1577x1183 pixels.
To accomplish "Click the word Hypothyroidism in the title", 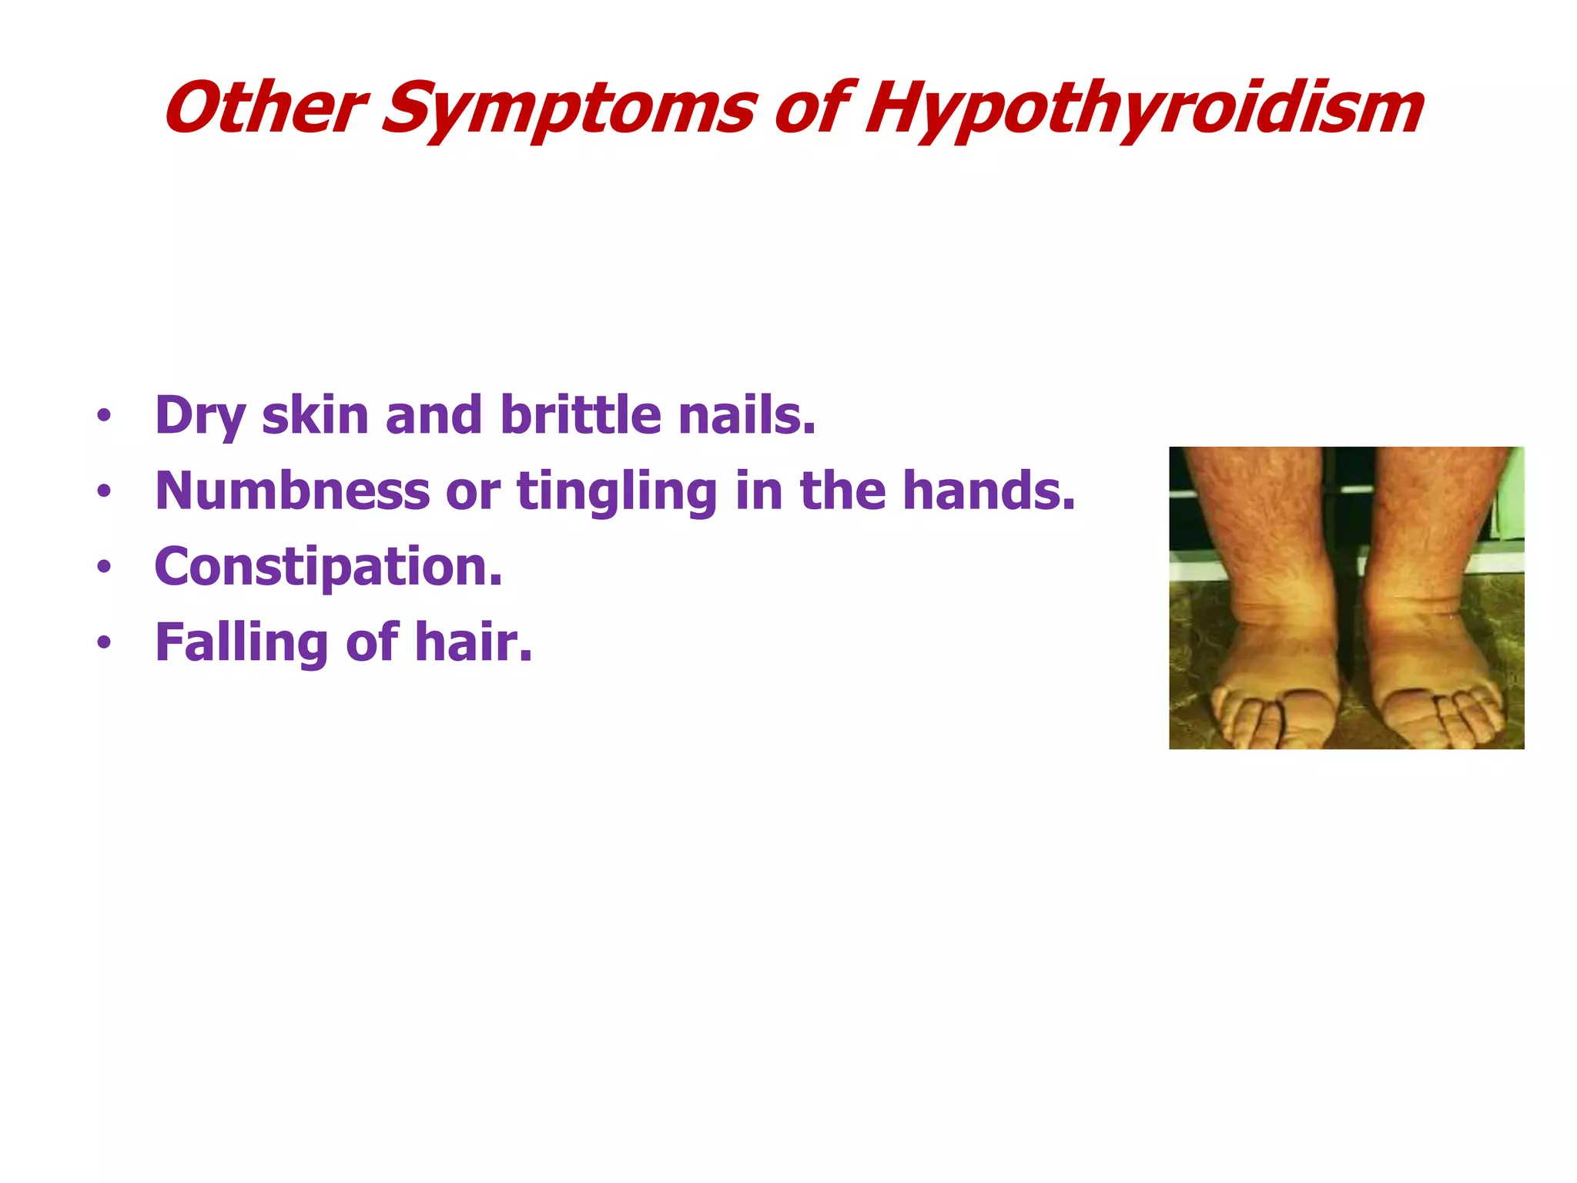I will point(1143,109).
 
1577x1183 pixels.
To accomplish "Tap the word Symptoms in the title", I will point(568,109).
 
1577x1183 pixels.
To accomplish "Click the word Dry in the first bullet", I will point(199,417).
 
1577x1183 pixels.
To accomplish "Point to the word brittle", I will point(581,415).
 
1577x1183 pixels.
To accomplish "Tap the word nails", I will point(746,415).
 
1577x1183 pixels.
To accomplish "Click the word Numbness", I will point(292,491).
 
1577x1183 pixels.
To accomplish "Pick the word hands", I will point(988,491).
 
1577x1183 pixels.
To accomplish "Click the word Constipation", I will point(328,568).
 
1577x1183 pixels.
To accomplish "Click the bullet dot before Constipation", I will point(104,568).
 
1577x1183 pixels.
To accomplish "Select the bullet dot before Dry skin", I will point(104,417).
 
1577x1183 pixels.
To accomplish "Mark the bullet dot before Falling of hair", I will point(104,642).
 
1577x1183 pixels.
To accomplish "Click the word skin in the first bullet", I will point(315,415).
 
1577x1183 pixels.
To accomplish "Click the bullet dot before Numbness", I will point(104,491).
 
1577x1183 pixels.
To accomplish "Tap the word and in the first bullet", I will point(434,415).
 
